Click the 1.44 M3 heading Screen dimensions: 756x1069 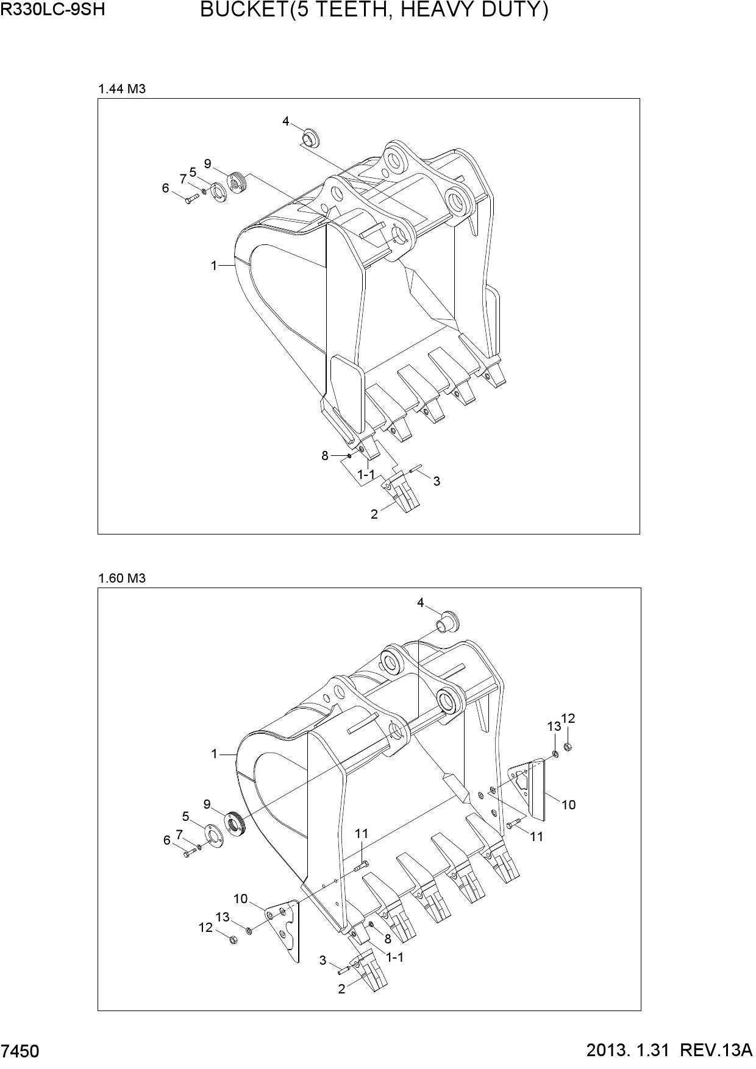122,89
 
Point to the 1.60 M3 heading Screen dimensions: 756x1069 122,578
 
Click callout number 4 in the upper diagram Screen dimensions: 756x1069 286,121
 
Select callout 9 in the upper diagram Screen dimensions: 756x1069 208,163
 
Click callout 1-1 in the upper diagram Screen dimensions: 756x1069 366,474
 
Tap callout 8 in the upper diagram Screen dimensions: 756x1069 325,455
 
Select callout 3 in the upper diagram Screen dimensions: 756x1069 437,481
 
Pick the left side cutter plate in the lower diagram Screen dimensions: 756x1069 284,929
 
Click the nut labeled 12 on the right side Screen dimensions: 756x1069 568,747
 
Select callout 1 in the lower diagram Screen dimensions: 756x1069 214,754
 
